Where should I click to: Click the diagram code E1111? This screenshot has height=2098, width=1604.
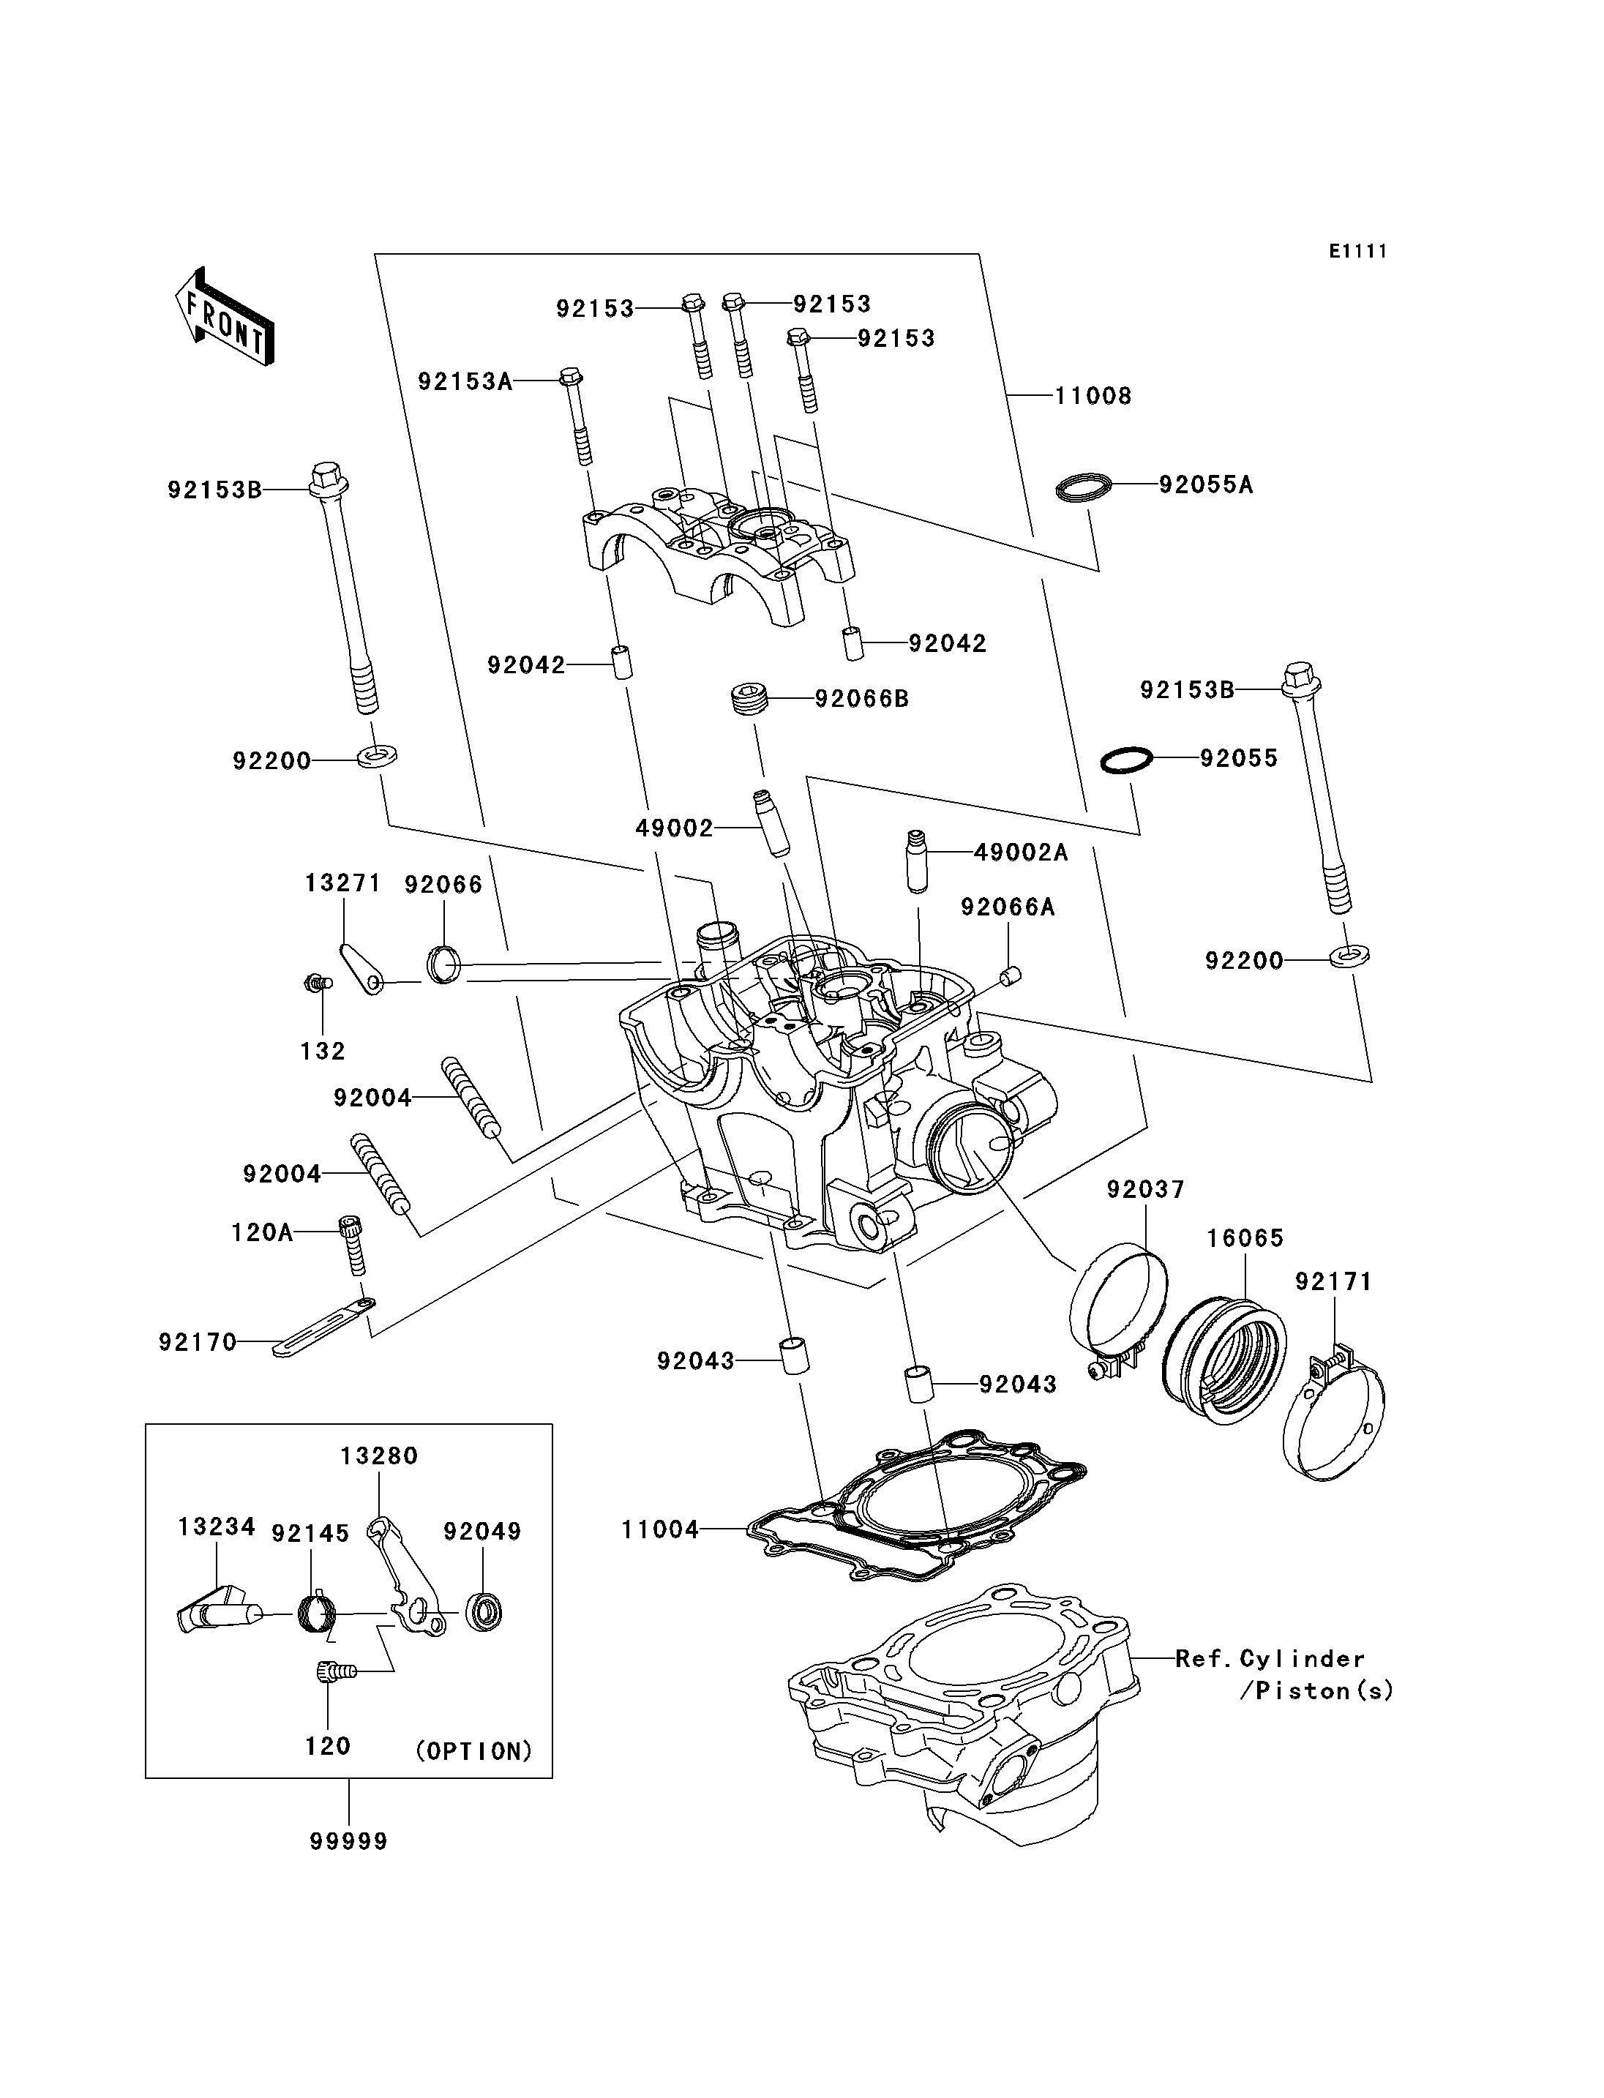point(1357,251)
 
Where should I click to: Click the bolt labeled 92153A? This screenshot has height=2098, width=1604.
point(577,416)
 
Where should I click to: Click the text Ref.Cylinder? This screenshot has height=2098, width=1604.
point(1270,1659)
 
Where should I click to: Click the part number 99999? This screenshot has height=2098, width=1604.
point(348,1841)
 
